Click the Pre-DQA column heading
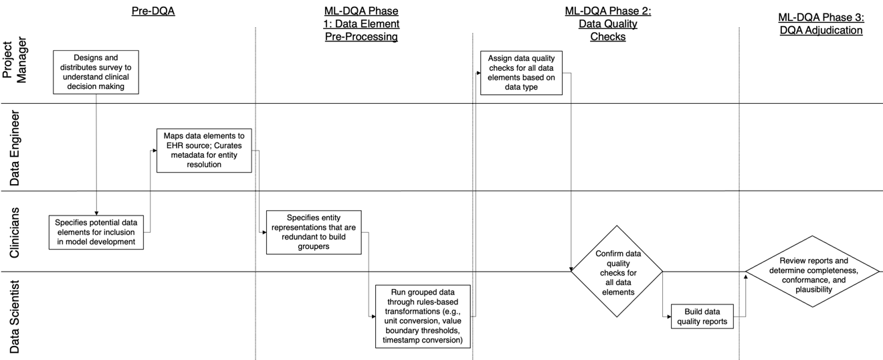click(x=153, y=11)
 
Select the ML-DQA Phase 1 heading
click(x=361, y=24)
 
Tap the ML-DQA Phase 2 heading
click(x=607, y=24)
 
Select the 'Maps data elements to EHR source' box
click(x=204, y=150)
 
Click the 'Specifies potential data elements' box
click(x=97, y=232)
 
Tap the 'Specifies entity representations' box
click(x=314, y=232)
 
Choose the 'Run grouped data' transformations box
click(x=423, y=316)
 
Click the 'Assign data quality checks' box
click(x=521, y=72)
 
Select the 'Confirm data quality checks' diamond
click(x=616, y=270)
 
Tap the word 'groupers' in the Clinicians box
click(x=314, y=246)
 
